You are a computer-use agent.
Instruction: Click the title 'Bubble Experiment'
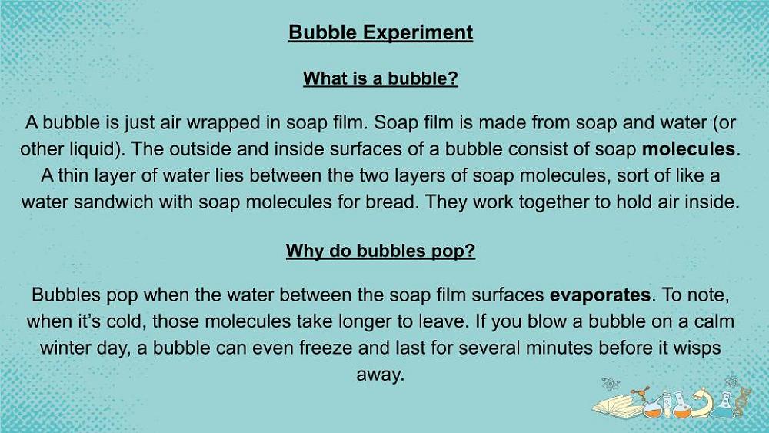(381, 32)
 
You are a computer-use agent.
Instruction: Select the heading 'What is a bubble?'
(381, 78)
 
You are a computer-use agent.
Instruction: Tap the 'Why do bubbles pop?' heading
(381, 251)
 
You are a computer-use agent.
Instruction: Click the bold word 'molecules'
(688, 149)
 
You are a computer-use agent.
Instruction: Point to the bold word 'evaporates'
(601, 295)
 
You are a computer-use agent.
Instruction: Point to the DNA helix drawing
(743, 402)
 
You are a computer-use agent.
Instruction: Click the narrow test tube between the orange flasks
(667, 405)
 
